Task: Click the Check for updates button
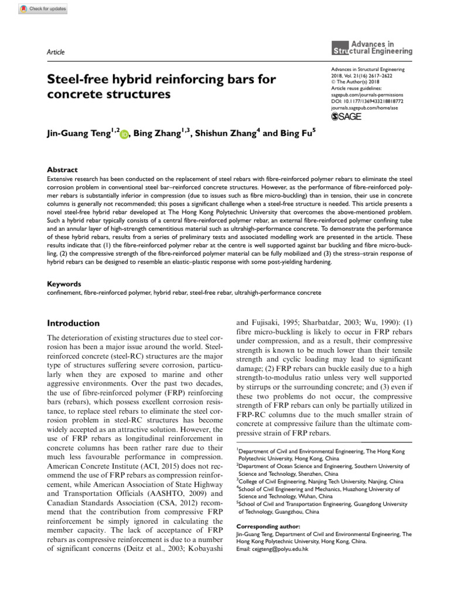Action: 43,9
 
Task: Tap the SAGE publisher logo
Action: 347,117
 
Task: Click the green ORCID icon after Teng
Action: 124,135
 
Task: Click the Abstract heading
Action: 62,170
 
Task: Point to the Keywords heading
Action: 64,284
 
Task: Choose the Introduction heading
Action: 73,323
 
